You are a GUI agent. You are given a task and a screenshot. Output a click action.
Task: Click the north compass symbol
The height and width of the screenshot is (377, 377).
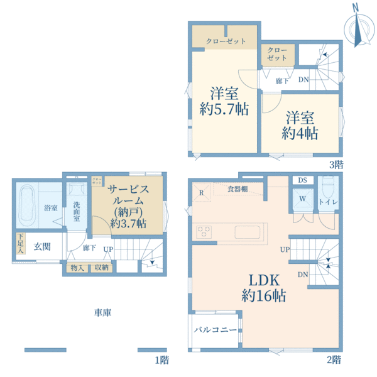click(x=356, y=28)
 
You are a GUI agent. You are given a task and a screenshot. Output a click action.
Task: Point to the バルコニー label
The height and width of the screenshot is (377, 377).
click(x=214, y=329)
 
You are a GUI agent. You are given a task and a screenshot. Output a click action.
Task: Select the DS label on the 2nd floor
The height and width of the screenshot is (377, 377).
click(x=302, y=180)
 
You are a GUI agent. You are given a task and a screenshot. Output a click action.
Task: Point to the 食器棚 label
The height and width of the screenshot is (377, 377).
click(x=237, y=188)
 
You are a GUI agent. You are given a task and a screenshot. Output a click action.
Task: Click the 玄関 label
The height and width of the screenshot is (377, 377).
click(x=42, y=246)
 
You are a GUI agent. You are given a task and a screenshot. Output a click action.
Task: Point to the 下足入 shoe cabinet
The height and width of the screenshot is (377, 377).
click(x=21, y=244)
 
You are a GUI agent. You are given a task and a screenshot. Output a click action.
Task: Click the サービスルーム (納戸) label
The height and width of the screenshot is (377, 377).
click(x=128, y=205)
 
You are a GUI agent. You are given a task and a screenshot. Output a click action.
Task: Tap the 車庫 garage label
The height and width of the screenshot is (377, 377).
click(x=102, y=312)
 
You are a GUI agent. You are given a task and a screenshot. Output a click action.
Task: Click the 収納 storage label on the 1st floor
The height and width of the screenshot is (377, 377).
click(x=102, y=267)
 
